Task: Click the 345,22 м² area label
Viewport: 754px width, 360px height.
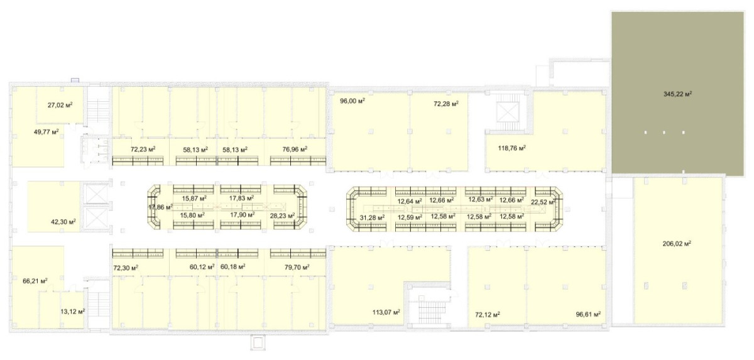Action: (x=677, y=94)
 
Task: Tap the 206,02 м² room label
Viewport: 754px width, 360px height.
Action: (x=677, y=243)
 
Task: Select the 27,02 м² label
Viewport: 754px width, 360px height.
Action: (x=60, y=105)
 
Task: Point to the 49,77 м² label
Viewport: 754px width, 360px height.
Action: (x=46, y=131)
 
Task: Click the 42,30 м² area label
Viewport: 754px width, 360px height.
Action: (x=63, y=221)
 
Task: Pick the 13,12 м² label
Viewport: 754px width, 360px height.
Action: (x=72, y=311)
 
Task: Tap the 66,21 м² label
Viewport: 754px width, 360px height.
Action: (x=35, y=281)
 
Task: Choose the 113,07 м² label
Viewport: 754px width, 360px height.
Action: (x=386, y=312)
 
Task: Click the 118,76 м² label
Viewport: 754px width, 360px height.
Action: (x=512, y=148)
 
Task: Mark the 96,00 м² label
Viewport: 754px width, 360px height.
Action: (x=352, y=101)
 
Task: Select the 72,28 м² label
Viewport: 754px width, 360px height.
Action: (x=446, y=104)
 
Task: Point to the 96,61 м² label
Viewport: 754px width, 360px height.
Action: (x=588, y=314)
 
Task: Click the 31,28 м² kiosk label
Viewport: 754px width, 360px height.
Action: (x=372, y=217)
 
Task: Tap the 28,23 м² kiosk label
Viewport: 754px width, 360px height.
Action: (x=282, y=215)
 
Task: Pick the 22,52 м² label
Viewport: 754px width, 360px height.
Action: (x=544, y=202)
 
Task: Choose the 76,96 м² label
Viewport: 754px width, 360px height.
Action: (x=295, y=149)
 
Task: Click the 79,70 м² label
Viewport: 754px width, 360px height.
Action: (x=297, y=268)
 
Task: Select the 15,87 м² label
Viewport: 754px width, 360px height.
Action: (x=194, y=198)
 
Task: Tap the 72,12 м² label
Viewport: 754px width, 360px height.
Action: (x=488, y=314)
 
